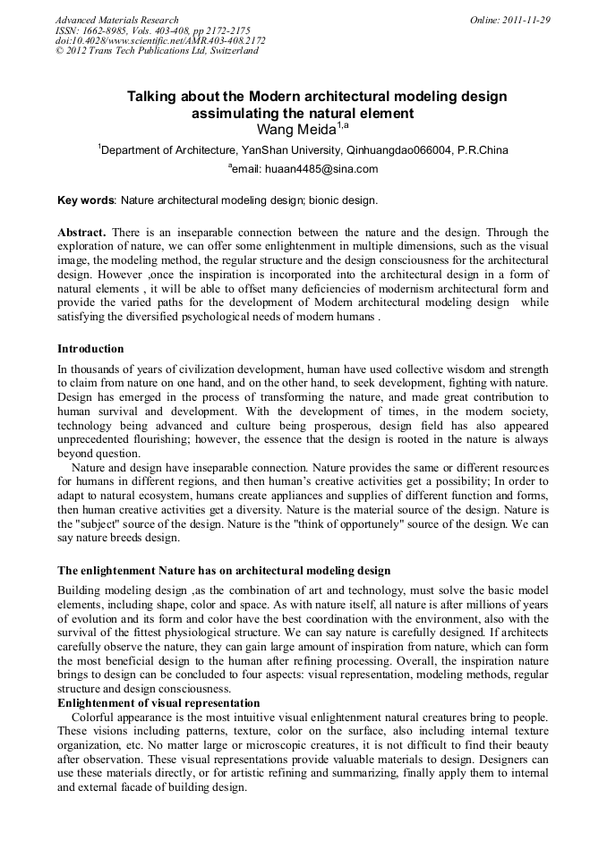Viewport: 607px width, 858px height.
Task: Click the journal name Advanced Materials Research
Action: point(116,20)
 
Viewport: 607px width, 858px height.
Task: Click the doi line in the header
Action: point(160,40)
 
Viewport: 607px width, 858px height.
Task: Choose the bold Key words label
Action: point(86,200)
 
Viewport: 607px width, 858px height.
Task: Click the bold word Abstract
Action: point(81,232)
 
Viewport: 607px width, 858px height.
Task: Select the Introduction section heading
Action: point(90,348)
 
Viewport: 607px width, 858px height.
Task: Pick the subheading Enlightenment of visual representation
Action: point(158,703)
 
